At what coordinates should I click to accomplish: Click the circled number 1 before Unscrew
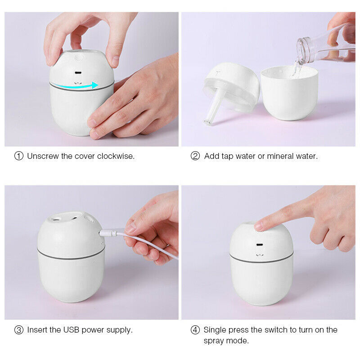coord(19,156)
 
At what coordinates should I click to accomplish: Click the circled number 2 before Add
coord(195,156)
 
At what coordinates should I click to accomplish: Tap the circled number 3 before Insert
coord(19,330)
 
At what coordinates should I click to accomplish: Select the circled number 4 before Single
coord(195,330)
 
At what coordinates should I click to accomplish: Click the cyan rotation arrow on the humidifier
coord(81,85)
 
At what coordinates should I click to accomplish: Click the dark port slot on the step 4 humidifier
coord(260,246)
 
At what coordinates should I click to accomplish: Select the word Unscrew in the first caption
coord(43,156)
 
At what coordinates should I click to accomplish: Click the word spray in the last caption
coord(214,341)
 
